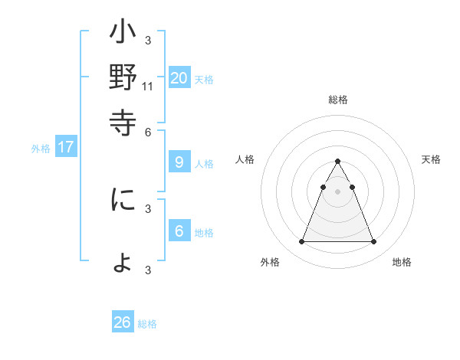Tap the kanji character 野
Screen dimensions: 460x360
(123, 78)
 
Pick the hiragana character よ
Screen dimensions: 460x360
(123, 263)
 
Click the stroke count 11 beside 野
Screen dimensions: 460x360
(148, 87)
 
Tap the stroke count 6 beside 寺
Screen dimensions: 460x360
(149, 131)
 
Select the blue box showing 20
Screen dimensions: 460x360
(179, 77)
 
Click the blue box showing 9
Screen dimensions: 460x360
(179, 162)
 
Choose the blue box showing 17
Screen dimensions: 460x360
(65, 148)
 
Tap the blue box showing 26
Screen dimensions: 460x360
(123, 322)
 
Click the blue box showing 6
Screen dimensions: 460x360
(179, 231)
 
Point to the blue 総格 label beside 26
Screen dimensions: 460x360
(147, 324)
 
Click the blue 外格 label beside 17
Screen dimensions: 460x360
(41, 149)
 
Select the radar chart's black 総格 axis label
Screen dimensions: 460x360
(337, 100)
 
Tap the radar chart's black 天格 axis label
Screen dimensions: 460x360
(432, 159)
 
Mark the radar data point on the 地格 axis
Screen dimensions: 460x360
(373, 242)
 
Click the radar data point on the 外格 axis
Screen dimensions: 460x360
(301, 242)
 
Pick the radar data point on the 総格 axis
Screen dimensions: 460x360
(337, 162)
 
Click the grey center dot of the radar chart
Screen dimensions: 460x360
(337, 191)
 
